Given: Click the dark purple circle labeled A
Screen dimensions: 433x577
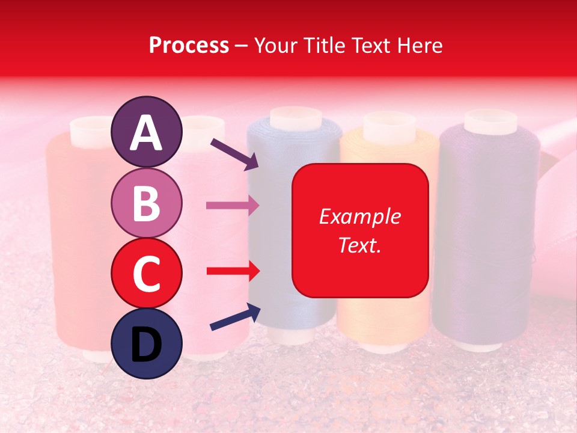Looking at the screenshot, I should coord(146,132).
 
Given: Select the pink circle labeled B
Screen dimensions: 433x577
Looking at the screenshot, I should coord(146,203).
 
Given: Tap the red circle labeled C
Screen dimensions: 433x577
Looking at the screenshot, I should coord(146,273).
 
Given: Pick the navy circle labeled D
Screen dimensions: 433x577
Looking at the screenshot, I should coord(146,343).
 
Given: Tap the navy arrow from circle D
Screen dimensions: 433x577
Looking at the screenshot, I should coord(234,318).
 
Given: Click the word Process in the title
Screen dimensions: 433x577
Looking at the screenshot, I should coord(189,45).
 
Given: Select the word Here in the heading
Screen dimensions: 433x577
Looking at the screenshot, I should coord(421,45).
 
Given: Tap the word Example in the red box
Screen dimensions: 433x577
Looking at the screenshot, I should coord(359,216).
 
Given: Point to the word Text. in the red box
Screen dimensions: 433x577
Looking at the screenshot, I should coord(359,245).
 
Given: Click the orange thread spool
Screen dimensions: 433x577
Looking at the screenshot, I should coord(385,319).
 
